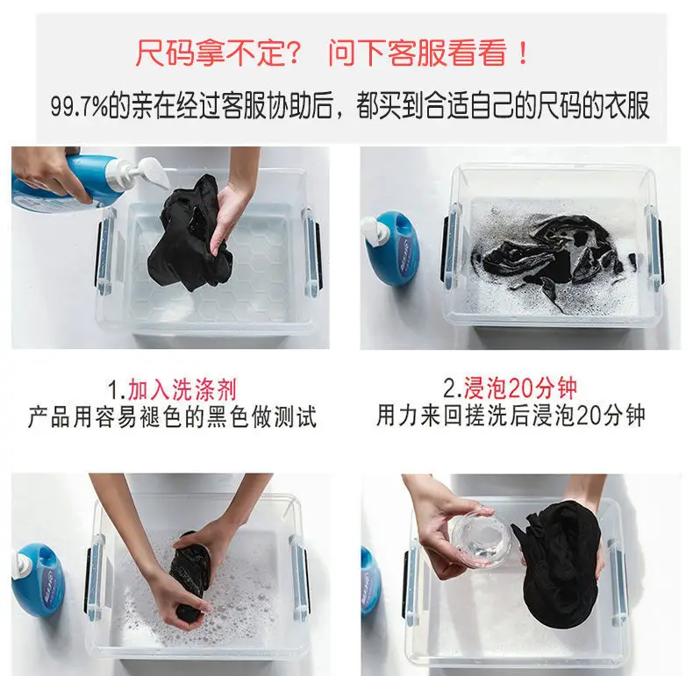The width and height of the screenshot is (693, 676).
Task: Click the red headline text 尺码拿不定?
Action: point(218,53)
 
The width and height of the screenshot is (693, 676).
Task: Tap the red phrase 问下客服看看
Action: point(418,53)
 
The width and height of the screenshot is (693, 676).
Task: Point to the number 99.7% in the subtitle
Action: point(80,107)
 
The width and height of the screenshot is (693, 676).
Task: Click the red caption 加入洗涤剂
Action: point(182,389)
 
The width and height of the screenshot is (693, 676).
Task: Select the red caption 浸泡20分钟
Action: point(520,388)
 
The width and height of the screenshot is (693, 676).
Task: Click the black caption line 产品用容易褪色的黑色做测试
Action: point(172,417)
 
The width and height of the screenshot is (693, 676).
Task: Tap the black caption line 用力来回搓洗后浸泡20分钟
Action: point(511,416)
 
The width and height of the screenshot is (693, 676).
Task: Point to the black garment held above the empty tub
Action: point(192,233)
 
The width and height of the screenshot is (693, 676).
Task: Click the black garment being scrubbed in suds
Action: point(191,574)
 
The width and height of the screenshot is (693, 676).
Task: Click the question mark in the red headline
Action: point(294,53)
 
